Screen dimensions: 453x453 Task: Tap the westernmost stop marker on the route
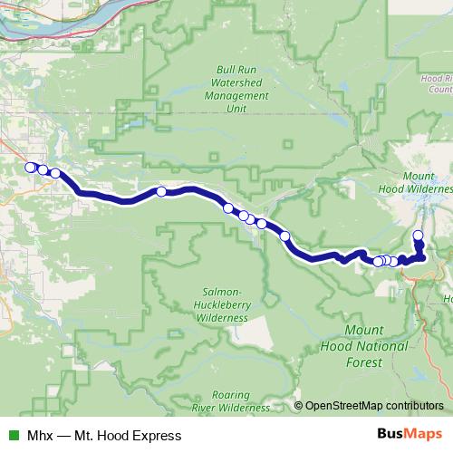[x=30, y=167]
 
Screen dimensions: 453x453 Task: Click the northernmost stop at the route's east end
[x=418, y=236]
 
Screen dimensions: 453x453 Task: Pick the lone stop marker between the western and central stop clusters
[x=161, y=191]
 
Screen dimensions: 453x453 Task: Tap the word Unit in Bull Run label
[x=237, y=107]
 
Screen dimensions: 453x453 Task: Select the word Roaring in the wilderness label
[x=226, y=394]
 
